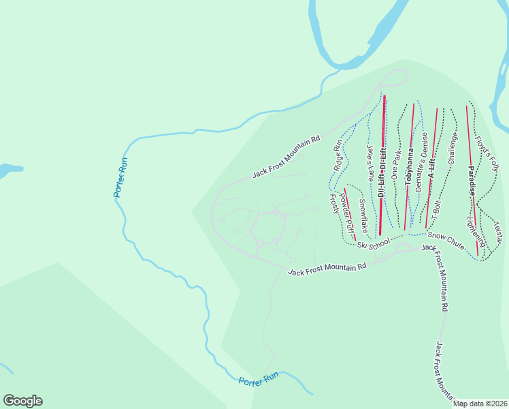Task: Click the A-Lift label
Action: coord(431,166)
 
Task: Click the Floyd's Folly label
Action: coord(487,153)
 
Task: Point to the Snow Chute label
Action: coord(446,240)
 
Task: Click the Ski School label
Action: coord(374,243)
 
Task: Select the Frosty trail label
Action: coord(334,204)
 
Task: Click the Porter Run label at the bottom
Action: coord(259,379)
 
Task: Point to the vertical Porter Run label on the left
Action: coord(120,178)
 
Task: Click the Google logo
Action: coord(22,401)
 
